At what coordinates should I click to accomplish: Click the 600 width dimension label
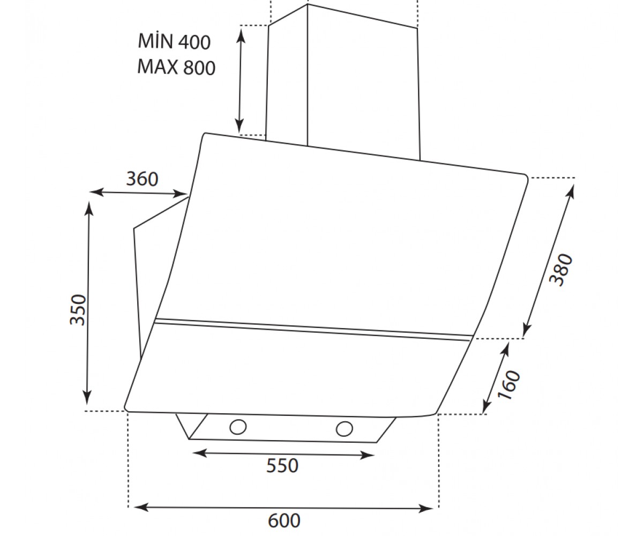point(284,520)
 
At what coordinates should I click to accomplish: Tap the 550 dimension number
point(282,465)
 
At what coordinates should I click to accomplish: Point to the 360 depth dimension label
point(142,178)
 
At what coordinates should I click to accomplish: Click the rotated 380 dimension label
point(561,270)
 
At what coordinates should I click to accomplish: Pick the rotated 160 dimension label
point(509,385)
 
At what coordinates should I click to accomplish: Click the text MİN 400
point(174,41)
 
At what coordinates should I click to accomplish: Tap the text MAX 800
point(176,67)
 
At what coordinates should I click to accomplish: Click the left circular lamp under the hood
point(238,427)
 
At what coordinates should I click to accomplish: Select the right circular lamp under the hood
point(345,429)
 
